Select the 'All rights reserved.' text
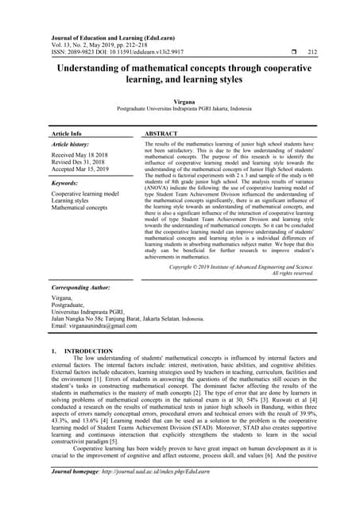(x=292, y=273)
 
